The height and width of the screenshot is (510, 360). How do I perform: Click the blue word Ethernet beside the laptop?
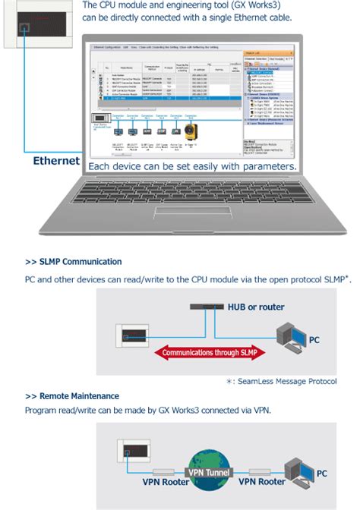(55, 162)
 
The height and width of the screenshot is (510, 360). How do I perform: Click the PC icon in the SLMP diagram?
(292, 338)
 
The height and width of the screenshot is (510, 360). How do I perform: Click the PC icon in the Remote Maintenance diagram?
(297, 471)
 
